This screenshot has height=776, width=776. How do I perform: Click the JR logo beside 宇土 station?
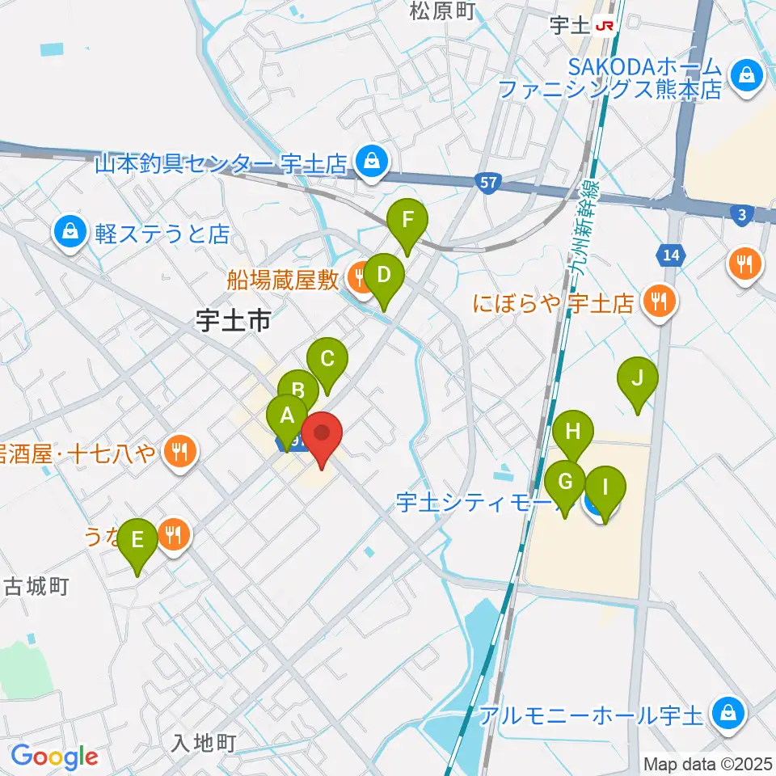tap(605, 26)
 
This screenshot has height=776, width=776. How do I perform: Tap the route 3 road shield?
tap(740, 214)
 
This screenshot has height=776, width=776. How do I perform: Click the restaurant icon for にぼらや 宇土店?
tap(661, 302)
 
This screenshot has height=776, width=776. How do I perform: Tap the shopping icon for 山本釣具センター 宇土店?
tap(370, 162)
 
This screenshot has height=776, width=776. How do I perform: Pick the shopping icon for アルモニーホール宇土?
tap(727, 713)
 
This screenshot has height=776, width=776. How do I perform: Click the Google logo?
tap(54, 757)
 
